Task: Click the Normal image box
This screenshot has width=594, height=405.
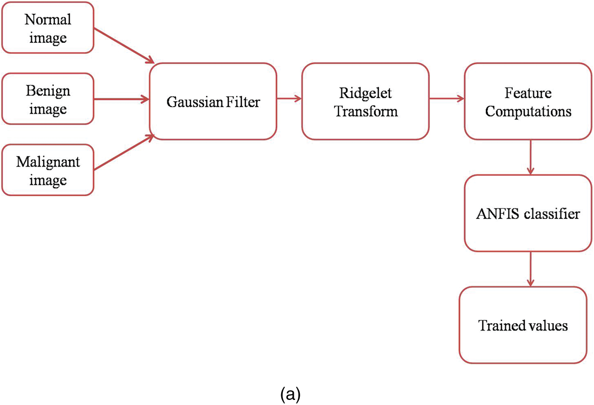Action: pyautogui.click(x=48, y=28)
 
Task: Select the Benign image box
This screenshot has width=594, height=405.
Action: pyautogui.click(x=48, y=99)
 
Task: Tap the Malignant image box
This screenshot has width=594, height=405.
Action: pyautogui.click(x=48, y=170)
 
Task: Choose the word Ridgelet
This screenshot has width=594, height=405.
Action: pyautogui.click(x=365, y=93)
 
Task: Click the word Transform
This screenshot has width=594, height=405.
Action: pyautogui.click(x=366, y=111)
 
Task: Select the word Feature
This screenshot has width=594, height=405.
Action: pyautogui.click(x=528, y=93)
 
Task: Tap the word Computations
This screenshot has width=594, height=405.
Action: pyautogui.click(x=528, y=111)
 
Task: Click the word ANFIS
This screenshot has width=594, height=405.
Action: pyautogui.click(x=498, y=214)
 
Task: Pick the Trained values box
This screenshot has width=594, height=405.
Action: pyautogui.click(x=523, y=325)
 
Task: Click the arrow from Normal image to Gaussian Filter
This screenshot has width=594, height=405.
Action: pyautogui.click(x=123, y=45)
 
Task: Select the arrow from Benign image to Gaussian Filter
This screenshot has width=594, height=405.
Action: pyautogui.click(x=121, y=99)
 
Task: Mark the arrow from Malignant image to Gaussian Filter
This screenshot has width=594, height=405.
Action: pyautogui.click(x=123, y=153)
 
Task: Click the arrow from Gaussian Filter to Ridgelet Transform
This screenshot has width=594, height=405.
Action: pyautogui.click(x=289, y=99)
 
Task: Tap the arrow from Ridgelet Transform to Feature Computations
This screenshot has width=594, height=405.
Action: pyautogui.click(x=446, y=99)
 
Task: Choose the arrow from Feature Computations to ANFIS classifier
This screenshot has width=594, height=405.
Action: pyautogui.click(x=531, y=157)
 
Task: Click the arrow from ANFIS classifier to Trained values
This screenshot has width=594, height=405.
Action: pyautogui.click(x=531, y=269)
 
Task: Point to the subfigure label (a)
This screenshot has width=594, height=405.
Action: pyautogui.click(x=290, y=394)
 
